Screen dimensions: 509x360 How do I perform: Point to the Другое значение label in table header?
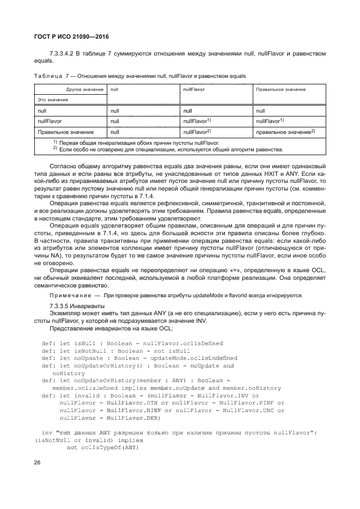85,89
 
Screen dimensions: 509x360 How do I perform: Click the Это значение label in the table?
53,100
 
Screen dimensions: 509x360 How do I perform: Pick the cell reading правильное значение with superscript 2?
282,132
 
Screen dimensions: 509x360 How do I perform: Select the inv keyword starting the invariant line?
46,433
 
